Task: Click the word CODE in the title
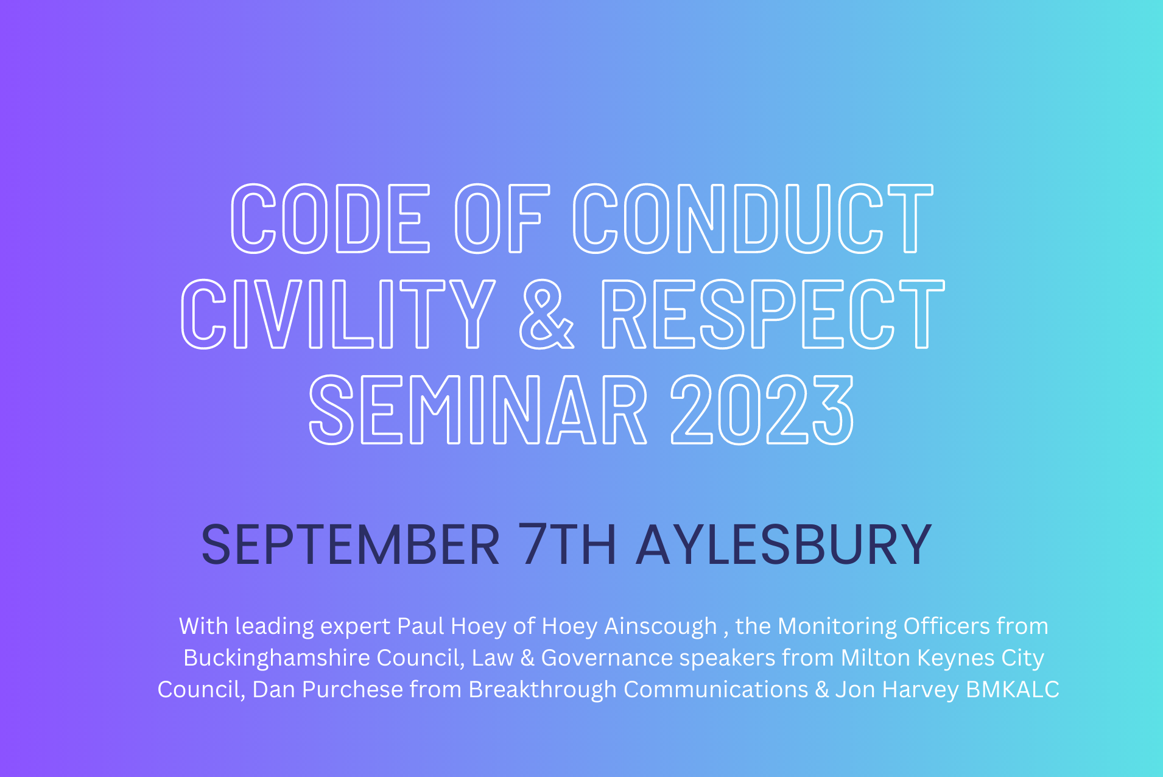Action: pyautogui.click(x=331, y=218)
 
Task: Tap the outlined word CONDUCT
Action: pyautogui.click(x=753, y=218)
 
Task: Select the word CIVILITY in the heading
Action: pyautogui.click(x=339, y=314)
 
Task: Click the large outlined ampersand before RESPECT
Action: pyautogui.click(x=546, y=314)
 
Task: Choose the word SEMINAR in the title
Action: pyautogui.click(x=478, y=409)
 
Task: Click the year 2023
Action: pyautogui.click(x=762, y=409)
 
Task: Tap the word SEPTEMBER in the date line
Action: pyautogui.click(x=351, y=544)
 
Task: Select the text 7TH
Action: pyautogui.click(x=567, y=544)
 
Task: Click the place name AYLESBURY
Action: pyautogui.click(x=784, y=544)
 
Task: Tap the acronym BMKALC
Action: pyautogui.click(x=1013, y=689)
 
